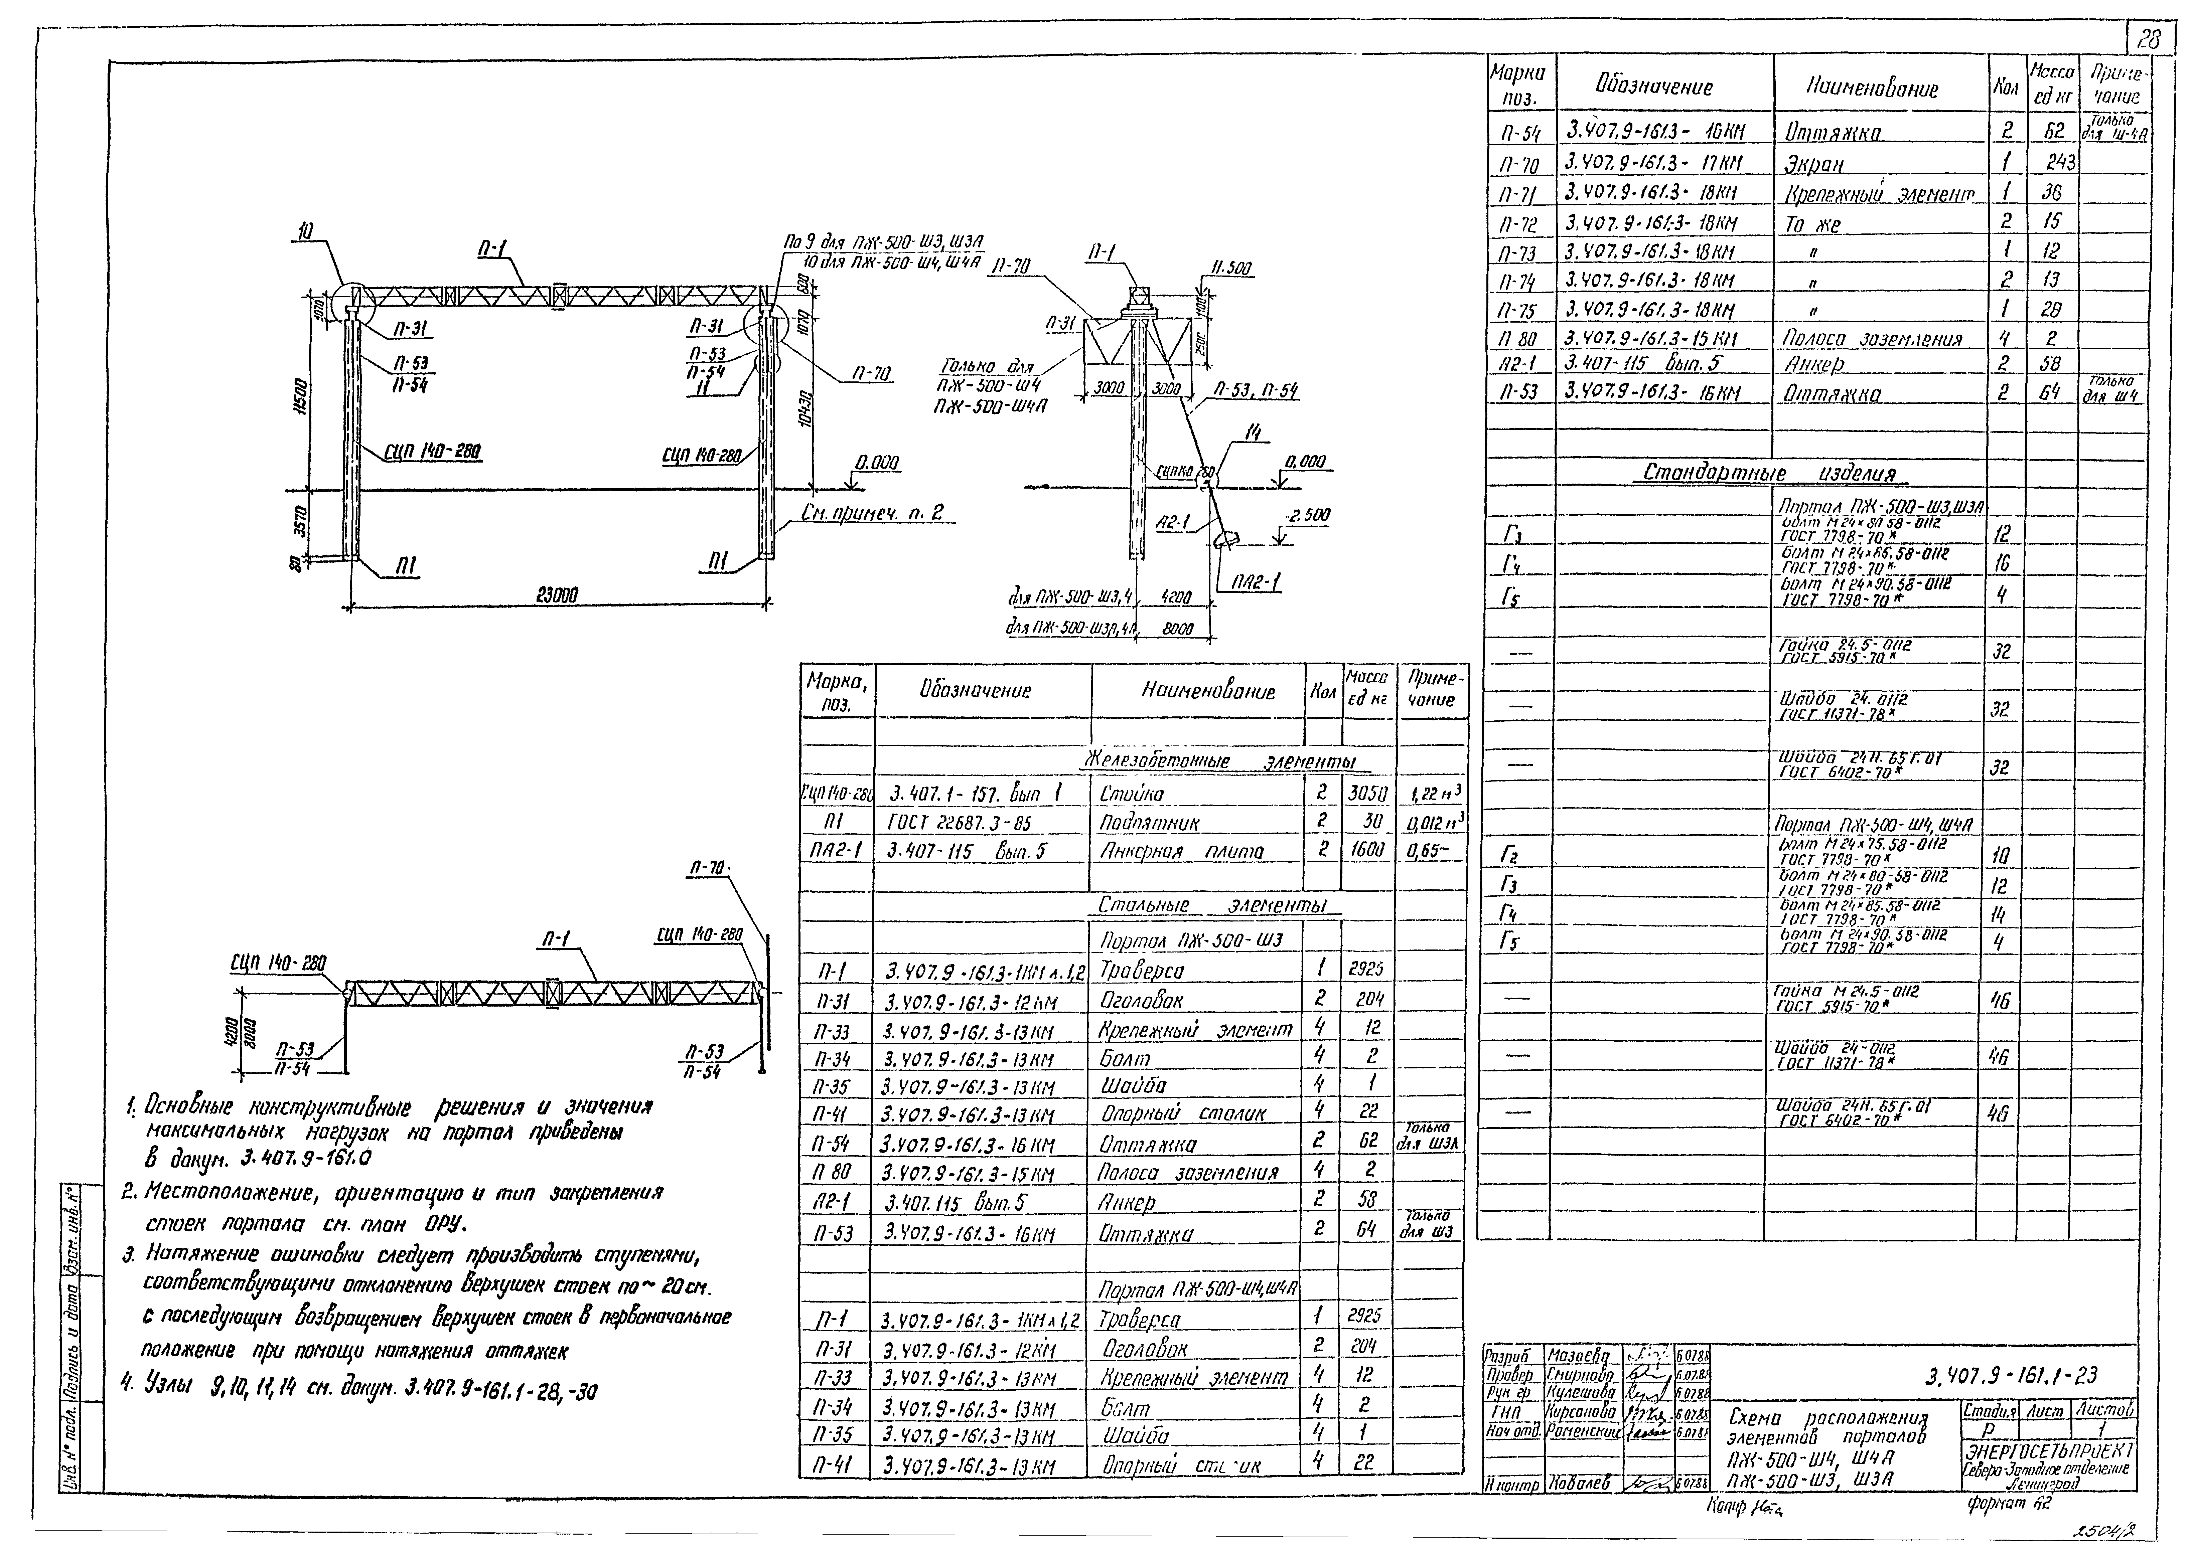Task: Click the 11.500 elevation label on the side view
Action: pyautogui.click(x=1229, y=270)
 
